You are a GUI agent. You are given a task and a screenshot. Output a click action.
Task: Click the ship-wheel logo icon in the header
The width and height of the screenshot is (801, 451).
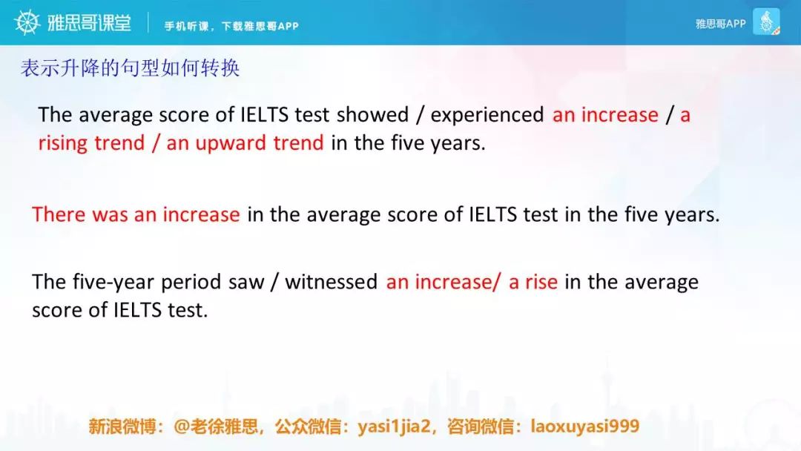27,22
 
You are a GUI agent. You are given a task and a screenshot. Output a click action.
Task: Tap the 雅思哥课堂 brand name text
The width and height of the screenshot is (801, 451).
90,23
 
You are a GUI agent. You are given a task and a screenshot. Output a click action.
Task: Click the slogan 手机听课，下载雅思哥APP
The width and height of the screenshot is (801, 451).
231,26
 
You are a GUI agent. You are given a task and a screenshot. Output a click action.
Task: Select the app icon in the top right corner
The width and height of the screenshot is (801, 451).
766,22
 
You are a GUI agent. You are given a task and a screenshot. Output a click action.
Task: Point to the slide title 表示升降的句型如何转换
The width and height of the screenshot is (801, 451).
131,68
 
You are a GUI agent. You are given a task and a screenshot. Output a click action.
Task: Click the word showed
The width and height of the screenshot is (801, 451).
373,115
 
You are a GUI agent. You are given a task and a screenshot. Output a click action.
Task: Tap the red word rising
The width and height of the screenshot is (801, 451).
63,143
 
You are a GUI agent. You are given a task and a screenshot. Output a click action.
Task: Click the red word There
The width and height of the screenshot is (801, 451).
59,214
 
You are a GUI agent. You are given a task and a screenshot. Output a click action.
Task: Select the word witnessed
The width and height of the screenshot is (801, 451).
331,282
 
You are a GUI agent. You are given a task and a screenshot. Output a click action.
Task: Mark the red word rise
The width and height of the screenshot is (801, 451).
541,282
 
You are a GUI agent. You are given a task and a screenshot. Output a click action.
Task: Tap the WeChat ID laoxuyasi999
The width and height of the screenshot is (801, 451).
585,426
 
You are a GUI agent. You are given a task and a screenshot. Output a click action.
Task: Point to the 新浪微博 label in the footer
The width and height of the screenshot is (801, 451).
122,427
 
